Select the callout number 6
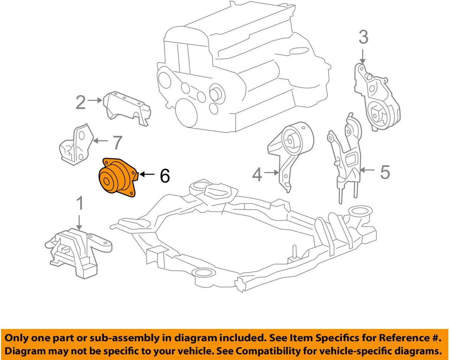click(x=165, y=175)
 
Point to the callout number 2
click(x=80, y=102)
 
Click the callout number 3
click(x=363, y=37)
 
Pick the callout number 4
click(x=257, y=174)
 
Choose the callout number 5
click(x=385, y=172)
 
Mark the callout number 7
click(x=117, y=143)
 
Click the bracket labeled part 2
click(x=127, y=108)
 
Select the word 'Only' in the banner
click(x=18, y=338)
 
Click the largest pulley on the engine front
click(x=187, y=112)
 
